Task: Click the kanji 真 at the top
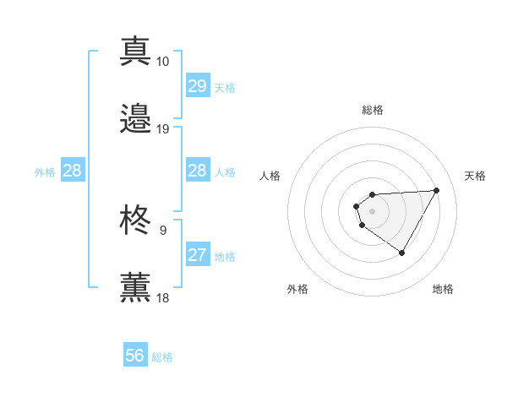[x=135, y=52]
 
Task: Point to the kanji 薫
[x=135, y=287]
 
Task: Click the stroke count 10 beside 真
[x=162, y=62]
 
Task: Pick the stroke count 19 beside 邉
[x=162, y=129]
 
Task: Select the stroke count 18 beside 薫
[x=162, y=298]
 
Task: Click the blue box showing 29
[x=197, y=86]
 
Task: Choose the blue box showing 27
[x=197, y=255]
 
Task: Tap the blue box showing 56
[x=134, y=356]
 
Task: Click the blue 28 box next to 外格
[x=72, y=171]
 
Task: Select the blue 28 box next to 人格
[x=197, y=171]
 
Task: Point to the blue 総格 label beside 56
[x=162, y=357]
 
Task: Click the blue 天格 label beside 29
[x=225, y=87]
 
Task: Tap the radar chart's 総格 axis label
[x=373, y=110]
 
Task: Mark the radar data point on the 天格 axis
[x=436, y=190]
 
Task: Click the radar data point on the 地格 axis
[x=402, y=253]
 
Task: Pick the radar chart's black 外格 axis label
[x=297, y=289]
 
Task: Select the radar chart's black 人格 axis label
[x=270, y=176]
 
